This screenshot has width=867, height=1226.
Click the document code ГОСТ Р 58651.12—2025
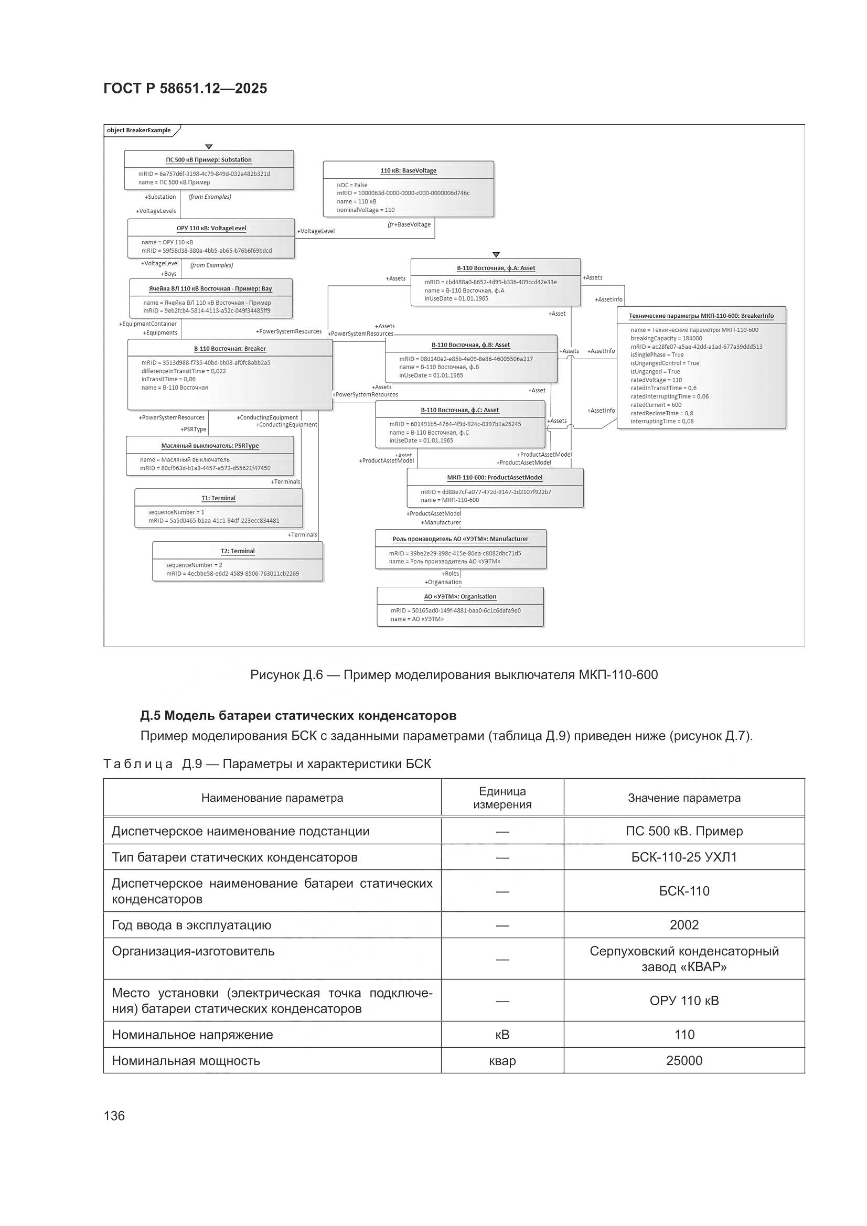click(185, 89)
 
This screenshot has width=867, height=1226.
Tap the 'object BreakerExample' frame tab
click(139, 130)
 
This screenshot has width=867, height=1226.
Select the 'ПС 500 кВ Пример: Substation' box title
click(208, 159)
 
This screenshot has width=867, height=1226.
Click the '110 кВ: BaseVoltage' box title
click(408, 171)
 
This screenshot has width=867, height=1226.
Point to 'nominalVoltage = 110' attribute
click(366, 210)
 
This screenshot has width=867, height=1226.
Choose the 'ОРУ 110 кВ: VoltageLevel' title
click(211, 228)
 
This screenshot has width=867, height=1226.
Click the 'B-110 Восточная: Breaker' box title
click(230, 349)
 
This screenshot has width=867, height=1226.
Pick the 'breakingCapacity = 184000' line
click(666, 338)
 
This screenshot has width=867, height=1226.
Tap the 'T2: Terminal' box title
click(238, 551)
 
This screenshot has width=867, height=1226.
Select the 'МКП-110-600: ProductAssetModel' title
click(494, 477)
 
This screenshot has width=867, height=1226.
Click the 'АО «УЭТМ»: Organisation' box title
click(460, 596)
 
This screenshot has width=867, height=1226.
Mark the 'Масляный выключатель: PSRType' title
click(209, 445)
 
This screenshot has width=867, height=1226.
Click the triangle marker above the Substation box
click(209, 146)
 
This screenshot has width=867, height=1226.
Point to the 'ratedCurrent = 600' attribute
click(656, 405)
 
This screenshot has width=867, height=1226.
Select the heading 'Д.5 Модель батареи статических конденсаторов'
click(298, 716)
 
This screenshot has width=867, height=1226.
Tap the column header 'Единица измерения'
click(501, 798)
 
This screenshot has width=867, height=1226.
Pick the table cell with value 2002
click(684, 925)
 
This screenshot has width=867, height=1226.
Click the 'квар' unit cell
click(501, 1060)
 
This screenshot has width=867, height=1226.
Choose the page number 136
click(114, 1115)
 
